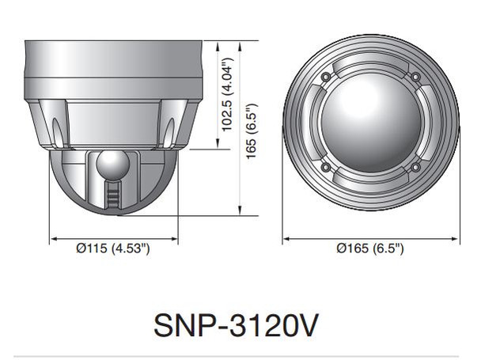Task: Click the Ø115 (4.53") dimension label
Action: pos(113,248)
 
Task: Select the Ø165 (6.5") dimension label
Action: pos(370,248)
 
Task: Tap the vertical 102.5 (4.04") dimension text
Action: pos(227,93)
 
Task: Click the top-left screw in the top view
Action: pos(325,76)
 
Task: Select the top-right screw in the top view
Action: pos(415,76)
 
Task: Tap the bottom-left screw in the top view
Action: pos(325,167)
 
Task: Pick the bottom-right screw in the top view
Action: pos(415,167)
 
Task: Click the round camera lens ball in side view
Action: pos(113,165)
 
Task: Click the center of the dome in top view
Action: pos(370,122)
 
